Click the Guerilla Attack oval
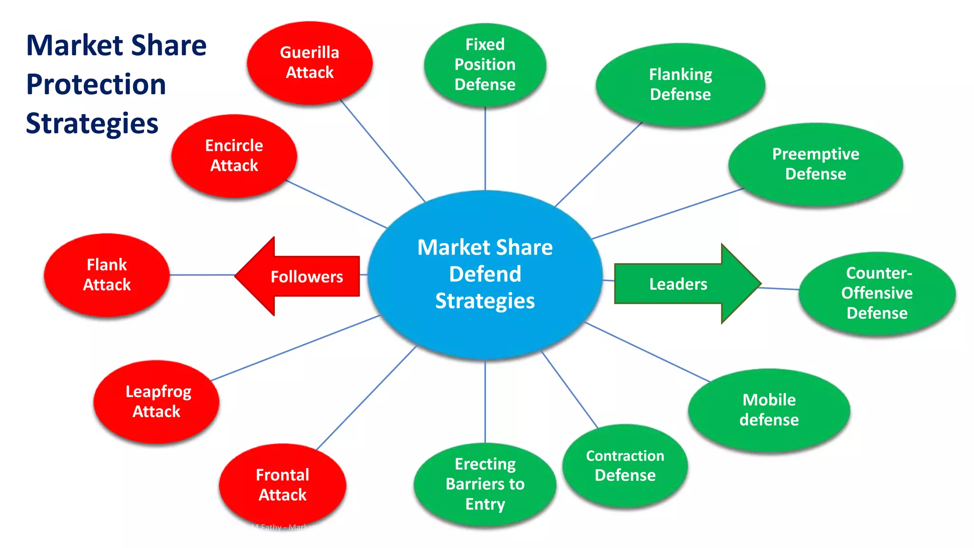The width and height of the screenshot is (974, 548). coord(310,62)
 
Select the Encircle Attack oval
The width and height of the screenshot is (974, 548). coord(234,156)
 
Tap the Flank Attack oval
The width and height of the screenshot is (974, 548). coord(107,274)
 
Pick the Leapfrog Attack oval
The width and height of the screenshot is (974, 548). coord(156,401)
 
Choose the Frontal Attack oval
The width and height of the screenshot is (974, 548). coord(282,484)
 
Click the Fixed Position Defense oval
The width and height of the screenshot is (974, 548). coord(485,64)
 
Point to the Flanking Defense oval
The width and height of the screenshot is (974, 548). coord(680,84)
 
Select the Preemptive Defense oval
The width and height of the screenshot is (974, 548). coord(816,164)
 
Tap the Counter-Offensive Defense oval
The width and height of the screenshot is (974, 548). coord(877,293)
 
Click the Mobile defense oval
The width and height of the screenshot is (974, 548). coord(769,410)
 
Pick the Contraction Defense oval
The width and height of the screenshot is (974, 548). coord(625,466)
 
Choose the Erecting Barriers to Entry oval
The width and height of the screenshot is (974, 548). coord(485,484)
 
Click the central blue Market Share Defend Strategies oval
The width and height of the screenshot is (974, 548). coord(485,274)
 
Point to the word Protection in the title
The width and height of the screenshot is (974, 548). coord(96,84)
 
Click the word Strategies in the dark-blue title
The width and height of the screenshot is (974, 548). coord(92,123)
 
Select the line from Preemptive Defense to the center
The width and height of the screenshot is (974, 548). coord(668,214)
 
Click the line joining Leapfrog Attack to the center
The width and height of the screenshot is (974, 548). coord(295,348)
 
